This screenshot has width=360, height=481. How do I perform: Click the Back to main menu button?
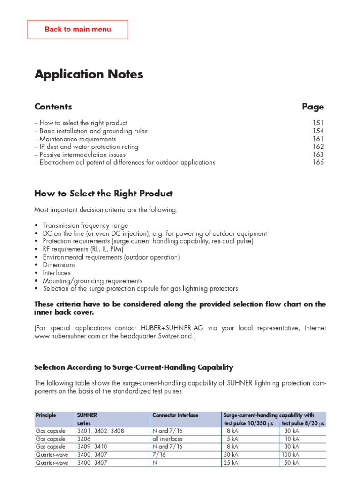(x=78, y=29)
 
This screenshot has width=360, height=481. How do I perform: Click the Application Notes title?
(x=89, y=74)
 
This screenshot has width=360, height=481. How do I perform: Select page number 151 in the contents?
(x=318, y=123)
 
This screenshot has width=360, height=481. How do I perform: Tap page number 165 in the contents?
(x=318, y=163)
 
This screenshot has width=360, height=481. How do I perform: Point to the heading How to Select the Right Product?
(x=104, y=194)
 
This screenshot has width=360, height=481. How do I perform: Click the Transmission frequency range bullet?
(x=85, y=225)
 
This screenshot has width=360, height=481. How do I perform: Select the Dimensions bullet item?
(x=59, y=265)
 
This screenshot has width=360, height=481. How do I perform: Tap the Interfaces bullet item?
(x=57, y=273)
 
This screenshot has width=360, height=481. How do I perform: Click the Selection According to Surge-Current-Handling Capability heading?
(x=134, y=367)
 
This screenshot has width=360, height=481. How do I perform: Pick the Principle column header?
(x=46, y=415)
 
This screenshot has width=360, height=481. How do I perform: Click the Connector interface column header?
(x=175, y=415)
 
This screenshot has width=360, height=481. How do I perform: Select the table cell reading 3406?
(x=84, y=439)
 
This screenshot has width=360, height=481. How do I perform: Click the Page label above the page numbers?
(x=313, y=107)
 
